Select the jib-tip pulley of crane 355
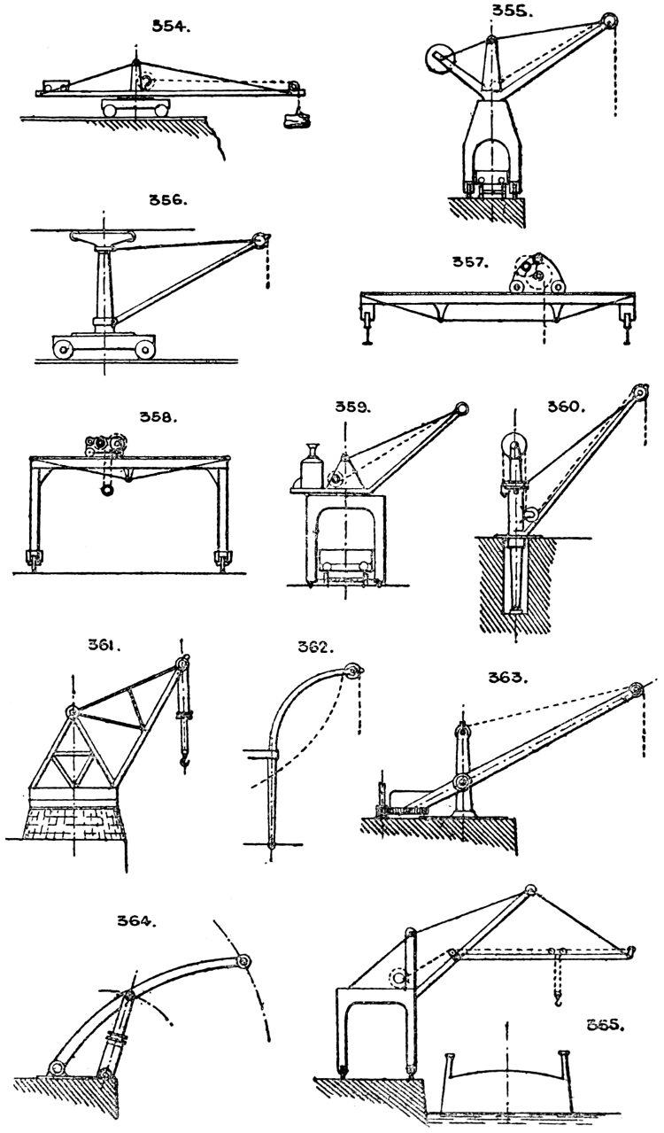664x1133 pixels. [610, 23]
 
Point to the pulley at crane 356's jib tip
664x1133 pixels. [260, 239]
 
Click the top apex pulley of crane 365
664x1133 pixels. [529, 890]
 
